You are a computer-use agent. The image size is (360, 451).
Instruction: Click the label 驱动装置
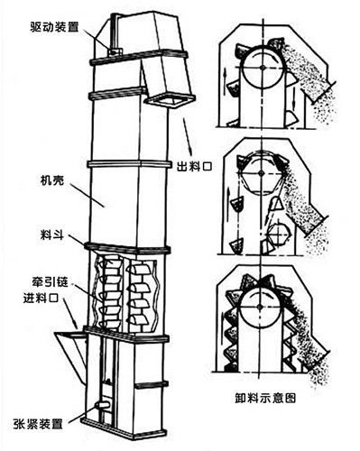coord(54,27)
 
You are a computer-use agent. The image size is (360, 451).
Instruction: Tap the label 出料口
coord(194,166)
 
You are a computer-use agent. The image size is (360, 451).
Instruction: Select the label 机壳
coord(52,180)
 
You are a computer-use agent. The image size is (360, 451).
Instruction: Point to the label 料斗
coord(52,235)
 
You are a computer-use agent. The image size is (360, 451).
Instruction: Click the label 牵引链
coord(51,282)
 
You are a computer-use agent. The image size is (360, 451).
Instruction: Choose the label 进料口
coord(41,298)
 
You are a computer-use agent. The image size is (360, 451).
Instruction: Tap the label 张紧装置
coord(38,424)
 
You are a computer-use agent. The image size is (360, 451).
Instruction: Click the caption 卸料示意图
coord(265,398)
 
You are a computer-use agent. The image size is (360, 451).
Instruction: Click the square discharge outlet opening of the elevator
coord(171,101)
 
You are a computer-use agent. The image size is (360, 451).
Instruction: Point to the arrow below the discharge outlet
coord(187,135)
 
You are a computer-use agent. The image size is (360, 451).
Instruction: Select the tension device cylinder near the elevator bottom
coord(102,405)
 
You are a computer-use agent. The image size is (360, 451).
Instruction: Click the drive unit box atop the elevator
coord(115,52)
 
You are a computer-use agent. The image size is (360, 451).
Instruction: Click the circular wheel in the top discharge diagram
coord(263,67)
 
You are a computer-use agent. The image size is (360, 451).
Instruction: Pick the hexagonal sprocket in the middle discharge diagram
coord(261,173)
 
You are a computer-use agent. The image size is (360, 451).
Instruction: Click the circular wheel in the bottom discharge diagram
coord(261,306)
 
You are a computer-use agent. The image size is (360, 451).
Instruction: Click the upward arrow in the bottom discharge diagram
coord(223,326)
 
